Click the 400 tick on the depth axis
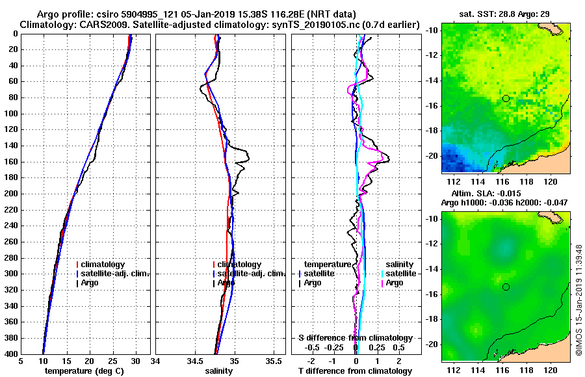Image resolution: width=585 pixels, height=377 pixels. tap(10, 354)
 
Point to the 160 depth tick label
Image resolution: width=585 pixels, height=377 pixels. tap(10, 162)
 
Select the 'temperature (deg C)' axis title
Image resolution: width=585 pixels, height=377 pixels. tap(84, 371)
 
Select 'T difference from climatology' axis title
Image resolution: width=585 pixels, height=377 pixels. tap(355, 371)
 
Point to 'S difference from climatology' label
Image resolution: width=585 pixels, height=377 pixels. tap(355, 338)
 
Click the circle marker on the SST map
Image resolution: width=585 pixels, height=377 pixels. tap(506, 98)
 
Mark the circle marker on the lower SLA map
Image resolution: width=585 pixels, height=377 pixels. tap(506, 287)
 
